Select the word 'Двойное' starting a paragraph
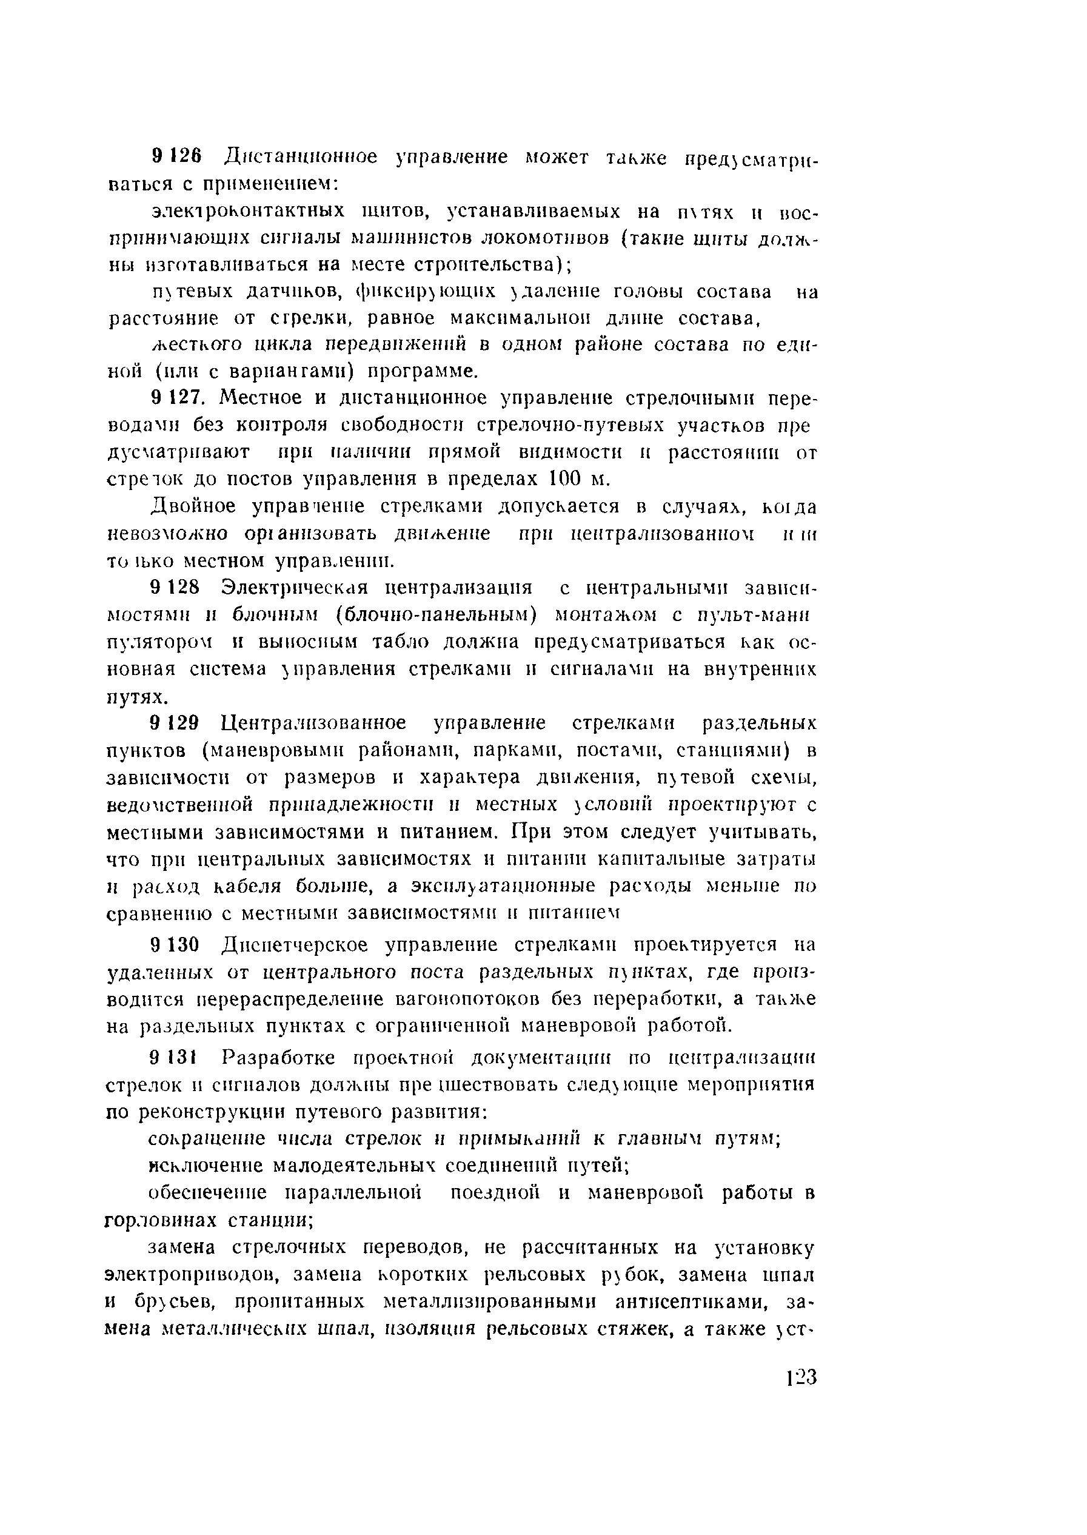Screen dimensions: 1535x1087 point(193,507)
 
